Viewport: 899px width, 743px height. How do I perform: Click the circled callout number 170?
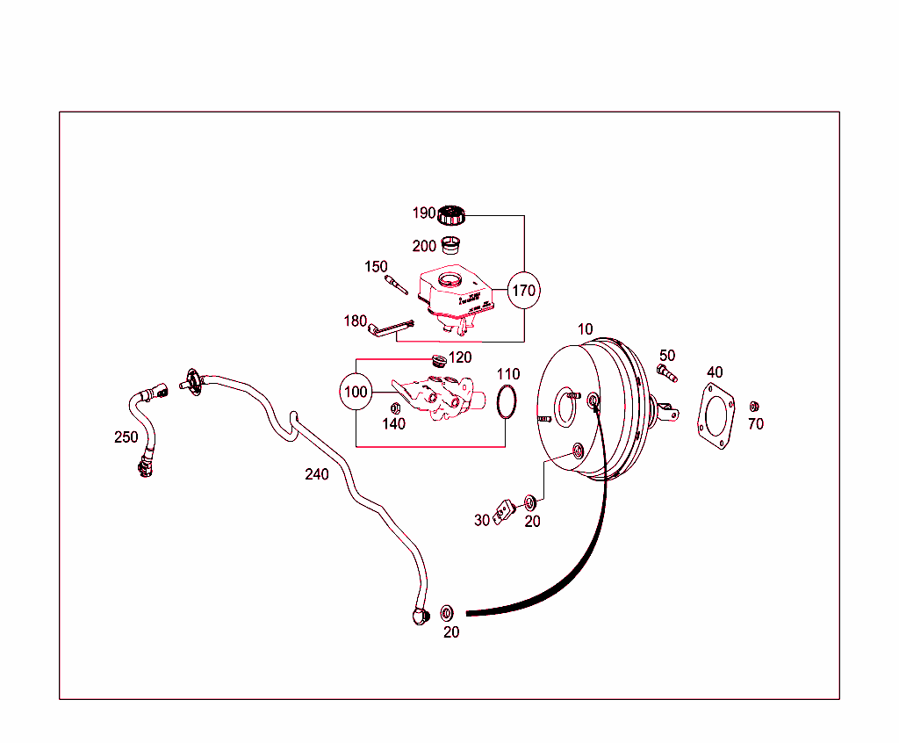pos(523,290)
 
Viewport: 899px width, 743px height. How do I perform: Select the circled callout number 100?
pos(356,392)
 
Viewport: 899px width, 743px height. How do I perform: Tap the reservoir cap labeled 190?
pos(451,214)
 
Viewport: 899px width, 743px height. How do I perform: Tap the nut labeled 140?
pos(395,408)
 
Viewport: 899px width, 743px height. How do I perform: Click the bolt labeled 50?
pos(666,374)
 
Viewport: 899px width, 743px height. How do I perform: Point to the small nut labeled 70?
pos(753,407)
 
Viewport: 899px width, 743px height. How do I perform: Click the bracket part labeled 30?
pos(503,512)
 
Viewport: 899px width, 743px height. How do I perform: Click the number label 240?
pos(317,474)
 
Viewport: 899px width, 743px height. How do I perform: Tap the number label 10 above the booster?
pos(585,329)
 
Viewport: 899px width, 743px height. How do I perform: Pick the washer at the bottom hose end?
pos(447,611)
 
